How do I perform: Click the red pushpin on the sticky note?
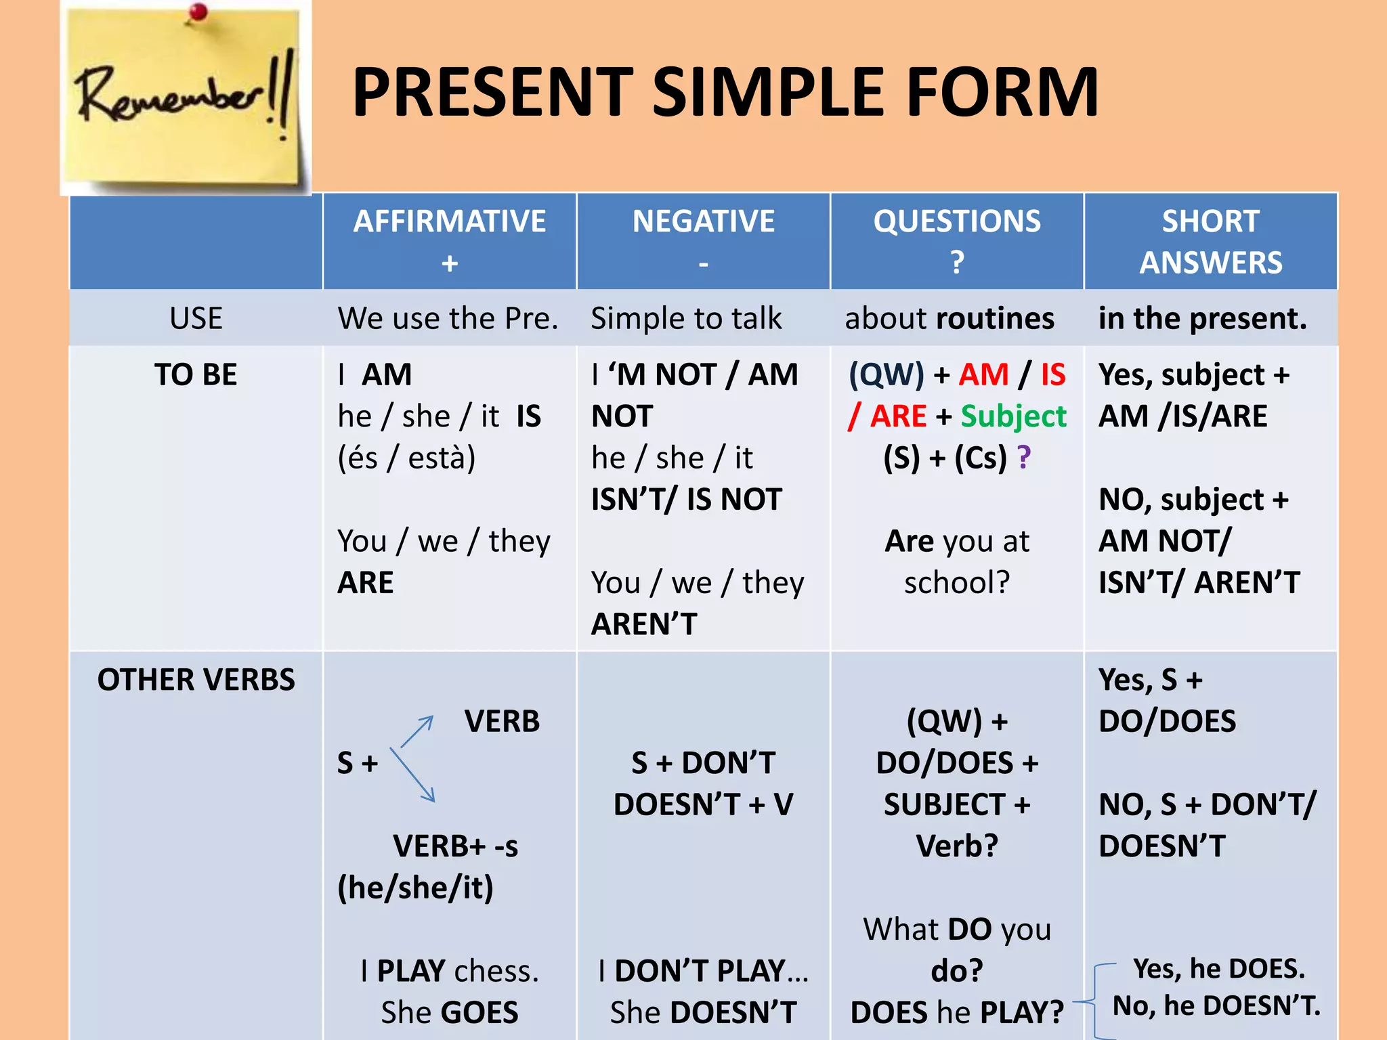pos(198,12)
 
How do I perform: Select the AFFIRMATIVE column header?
pos(449,221)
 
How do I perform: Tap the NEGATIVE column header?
pos(703,221)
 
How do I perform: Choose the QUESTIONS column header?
pos(956,221)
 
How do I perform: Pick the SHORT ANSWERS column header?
pos(1210,241)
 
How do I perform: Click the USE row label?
pos(196,318)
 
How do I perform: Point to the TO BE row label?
pos(196,374)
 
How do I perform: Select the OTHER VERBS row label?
pos(196,679)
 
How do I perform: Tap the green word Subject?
pos(1013,416)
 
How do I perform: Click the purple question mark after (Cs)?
pos(1023,458)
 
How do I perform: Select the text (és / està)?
pos(406,458)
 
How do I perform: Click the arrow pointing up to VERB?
pos(417,731)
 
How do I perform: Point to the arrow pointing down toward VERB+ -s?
pos(413,776)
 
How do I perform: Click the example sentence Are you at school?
pos(956,561)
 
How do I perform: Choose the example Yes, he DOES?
pos(1218,969)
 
